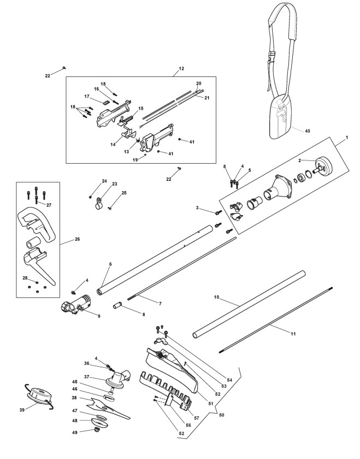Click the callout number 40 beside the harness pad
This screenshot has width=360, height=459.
click(307, 131)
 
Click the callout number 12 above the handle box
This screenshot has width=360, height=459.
click(181, 69)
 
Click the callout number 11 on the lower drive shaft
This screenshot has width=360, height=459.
click(293, 333)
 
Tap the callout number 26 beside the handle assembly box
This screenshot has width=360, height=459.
click(78, 239)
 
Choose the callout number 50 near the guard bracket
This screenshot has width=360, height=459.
click(221, 415)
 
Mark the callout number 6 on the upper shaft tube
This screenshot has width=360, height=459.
click(110, 264)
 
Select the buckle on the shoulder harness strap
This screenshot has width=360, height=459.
click(272, 57)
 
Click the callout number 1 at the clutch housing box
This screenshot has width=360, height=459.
click(347, 138)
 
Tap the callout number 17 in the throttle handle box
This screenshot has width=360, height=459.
click(87, 96)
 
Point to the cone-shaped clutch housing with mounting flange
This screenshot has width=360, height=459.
click(278, 188)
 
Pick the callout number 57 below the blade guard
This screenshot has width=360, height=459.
click(197, 418)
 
